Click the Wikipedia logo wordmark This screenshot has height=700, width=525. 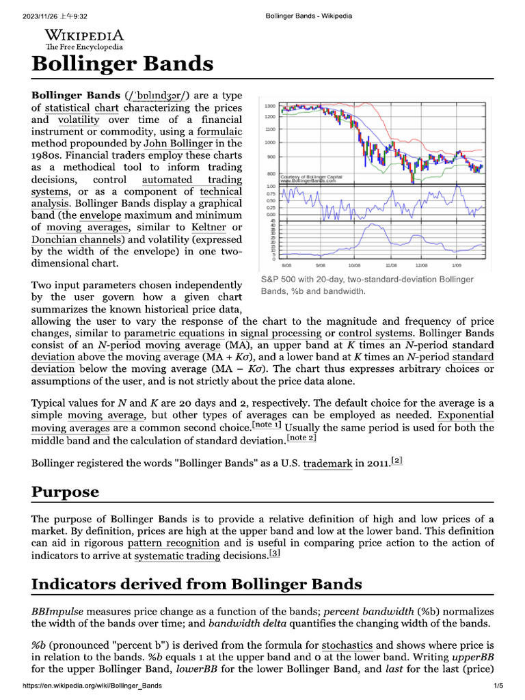coord(84,36)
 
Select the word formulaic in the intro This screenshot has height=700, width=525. coord(219,131)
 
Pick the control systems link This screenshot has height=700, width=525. coord(376,333)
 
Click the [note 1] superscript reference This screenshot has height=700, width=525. coord(267,425)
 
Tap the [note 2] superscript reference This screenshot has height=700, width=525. coord(301,437)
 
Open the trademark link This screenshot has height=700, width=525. coord(328,463)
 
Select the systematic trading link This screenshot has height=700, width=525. coord(177,556)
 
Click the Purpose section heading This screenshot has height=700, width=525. coord(66,492)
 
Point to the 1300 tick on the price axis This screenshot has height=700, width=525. coord(269,106)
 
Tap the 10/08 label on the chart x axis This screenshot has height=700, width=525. coord(354,265)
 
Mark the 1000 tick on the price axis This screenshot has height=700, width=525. coord(269,142)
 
